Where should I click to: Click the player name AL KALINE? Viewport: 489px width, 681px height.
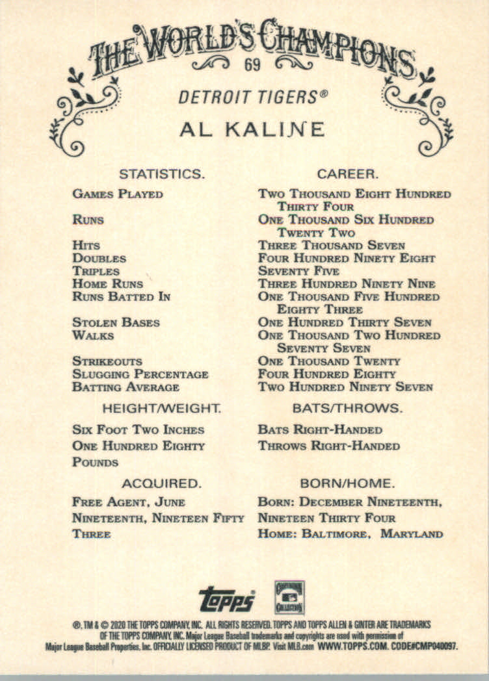point(252,129)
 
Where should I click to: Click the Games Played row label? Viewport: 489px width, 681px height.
point(118,194)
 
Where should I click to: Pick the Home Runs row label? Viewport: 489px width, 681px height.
point(108,283)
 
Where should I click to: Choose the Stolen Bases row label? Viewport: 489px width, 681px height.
point(116,322)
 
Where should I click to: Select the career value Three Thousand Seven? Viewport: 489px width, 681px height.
point(331,245)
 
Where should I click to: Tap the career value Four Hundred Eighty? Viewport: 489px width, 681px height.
point(326,374)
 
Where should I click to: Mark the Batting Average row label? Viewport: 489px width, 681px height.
point(126,387)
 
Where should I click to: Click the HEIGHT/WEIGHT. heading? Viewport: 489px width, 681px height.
point(162,408)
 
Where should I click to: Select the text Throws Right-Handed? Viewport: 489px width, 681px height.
point(328,446)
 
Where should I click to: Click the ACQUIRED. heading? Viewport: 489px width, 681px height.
point(161,483)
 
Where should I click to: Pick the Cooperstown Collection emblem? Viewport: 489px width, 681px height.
point(289,595)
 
